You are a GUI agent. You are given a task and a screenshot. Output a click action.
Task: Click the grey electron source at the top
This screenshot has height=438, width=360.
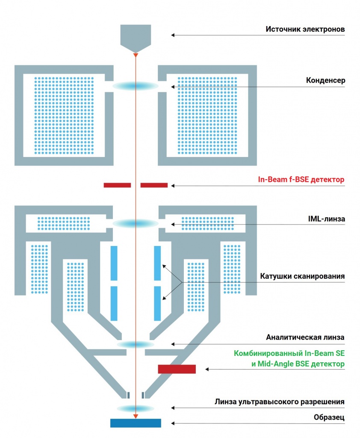pos(136,36)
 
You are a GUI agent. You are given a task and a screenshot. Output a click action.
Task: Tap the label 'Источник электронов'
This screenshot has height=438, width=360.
pos(305,30)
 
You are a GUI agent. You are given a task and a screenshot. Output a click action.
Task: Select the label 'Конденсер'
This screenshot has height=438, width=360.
pos(325,80)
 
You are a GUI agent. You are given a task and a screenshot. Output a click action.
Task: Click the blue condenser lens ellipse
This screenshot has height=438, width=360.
pos(136,86)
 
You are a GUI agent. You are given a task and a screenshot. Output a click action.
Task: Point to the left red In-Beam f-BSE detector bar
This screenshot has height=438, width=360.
pos(117,185)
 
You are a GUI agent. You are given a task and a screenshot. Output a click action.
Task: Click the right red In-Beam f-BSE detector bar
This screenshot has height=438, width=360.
pos(154,185)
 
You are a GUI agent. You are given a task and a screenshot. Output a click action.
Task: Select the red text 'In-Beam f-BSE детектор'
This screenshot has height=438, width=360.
pos(301,180)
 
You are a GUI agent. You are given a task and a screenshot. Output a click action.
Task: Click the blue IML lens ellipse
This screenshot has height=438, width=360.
pos(136,223)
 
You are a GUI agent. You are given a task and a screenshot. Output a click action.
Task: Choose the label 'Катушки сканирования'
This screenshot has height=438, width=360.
pos(302,276)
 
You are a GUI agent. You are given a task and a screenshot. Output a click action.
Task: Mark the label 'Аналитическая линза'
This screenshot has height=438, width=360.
pos(305,337)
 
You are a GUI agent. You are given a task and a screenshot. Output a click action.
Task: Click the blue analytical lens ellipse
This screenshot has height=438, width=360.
pos(136,344)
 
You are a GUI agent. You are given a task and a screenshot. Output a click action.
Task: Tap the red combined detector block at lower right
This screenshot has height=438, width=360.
pos(177,369)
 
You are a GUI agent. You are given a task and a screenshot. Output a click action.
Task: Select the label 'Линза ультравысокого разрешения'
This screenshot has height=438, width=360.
pos(279,402)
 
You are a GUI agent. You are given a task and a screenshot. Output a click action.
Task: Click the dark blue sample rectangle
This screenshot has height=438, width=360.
pos(136,423)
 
